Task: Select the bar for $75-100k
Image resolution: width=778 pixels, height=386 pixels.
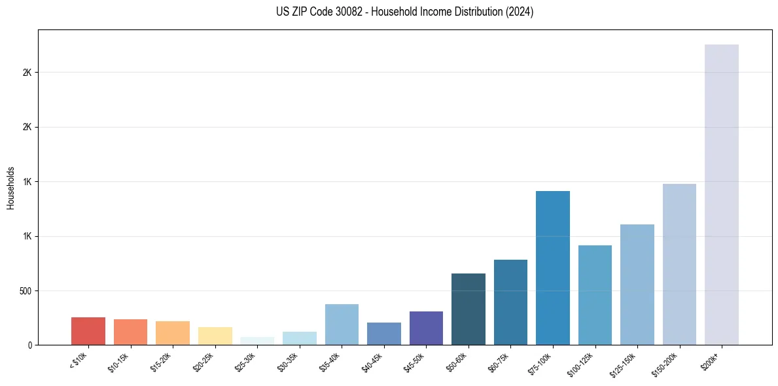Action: pyautogui.click(x=552, y=268)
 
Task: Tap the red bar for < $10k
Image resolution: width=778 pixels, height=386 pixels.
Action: pyautogui.click(x=88, y=331)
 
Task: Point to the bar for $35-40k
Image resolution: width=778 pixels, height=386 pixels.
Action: pyautogui.click(x=342, y=325)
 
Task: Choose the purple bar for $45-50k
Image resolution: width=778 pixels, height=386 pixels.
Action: pyautogui.click(x=426, y=328)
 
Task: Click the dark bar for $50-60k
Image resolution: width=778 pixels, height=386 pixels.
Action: pyautogui.click(x=469, y=309)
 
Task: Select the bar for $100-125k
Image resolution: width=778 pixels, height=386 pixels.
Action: pyautogui.click(x=595, y=295)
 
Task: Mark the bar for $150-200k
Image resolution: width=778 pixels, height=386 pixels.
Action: pyautogui.click(x=679, y=264)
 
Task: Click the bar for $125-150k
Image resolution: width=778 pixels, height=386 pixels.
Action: pyautogui.click(x=637, y=285)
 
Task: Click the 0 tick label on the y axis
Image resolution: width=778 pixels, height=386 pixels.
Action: pyautogui.click(x=29, y=345)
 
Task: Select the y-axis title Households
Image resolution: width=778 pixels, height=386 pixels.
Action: pyautogui.click(x=10, y=187)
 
